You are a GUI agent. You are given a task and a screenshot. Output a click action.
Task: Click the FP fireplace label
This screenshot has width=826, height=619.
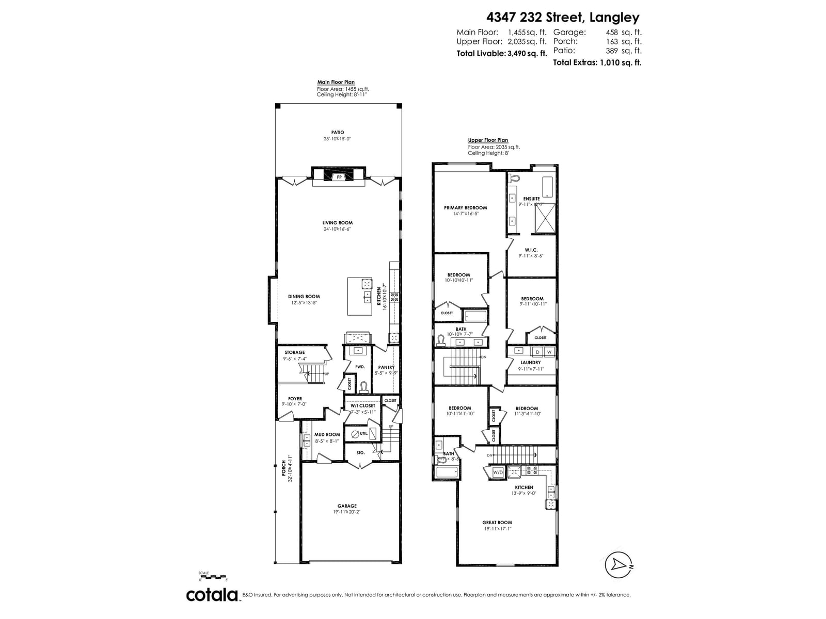tap(339, 177)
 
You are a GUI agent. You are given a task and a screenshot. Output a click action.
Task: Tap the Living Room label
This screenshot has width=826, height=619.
tap(338, 223)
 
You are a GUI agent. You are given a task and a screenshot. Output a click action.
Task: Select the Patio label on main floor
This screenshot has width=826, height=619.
tap(338, 133)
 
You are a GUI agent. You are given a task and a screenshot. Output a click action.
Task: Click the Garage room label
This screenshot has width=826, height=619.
tap(347, 506)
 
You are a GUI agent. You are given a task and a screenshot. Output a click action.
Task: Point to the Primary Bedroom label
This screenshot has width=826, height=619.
tap(465, 208)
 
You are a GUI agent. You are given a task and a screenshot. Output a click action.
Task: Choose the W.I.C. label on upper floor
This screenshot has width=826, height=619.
tap(531, 250)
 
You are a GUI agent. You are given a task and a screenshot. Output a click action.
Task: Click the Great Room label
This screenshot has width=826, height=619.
tap(497, 523)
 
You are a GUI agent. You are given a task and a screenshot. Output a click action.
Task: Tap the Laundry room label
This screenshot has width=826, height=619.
tap(531, 363)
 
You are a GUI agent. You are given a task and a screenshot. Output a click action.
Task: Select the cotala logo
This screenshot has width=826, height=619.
tap(212, 595)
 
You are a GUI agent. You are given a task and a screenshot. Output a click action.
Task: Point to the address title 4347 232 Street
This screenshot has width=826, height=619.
tap(547, 18)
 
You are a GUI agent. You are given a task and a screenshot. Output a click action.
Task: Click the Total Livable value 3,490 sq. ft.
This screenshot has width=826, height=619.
tap(526, 54)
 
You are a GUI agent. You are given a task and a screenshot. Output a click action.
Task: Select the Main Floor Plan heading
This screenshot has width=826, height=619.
tap(336, 83)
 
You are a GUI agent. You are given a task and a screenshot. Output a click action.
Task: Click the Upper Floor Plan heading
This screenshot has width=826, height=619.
tap(488, 140)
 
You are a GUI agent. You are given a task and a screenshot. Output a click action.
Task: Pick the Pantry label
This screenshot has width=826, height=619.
tap(386, 367)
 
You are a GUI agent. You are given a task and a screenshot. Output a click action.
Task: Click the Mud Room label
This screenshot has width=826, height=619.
tap(327, 434)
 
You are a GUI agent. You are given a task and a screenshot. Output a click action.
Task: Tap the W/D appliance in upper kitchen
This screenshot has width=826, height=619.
tap(498, 472)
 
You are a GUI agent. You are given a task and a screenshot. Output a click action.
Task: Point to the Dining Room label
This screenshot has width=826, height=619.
tap(304, 297)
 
